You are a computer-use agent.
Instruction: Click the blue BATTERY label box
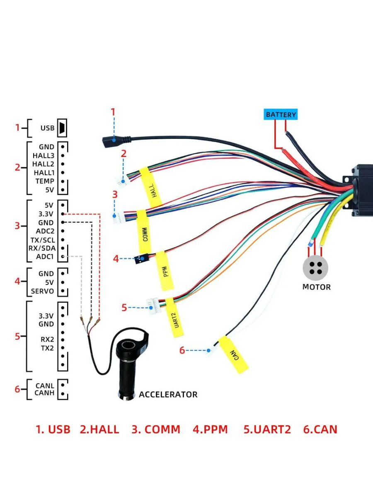pyautogui.click(x=281, y=114)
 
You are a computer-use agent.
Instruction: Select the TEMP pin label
pyautogui.click(x=44, y=181)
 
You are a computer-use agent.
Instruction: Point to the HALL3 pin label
pyautogui.click(x=44, y=155)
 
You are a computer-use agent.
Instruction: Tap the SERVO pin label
pyautogui.click(x=42, y=291)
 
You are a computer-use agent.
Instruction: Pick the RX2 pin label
pyautogui.click(x=47, y=339)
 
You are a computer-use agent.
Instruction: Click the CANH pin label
pyautogui.click(x=44, y=393)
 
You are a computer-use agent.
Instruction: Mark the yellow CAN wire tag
pyautogui.click(x=233, y=355)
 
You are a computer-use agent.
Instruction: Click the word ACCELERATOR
pyautogui.click(x=168, y=394)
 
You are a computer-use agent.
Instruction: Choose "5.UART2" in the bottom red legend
pyautogui.click(x=267, y=429)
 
